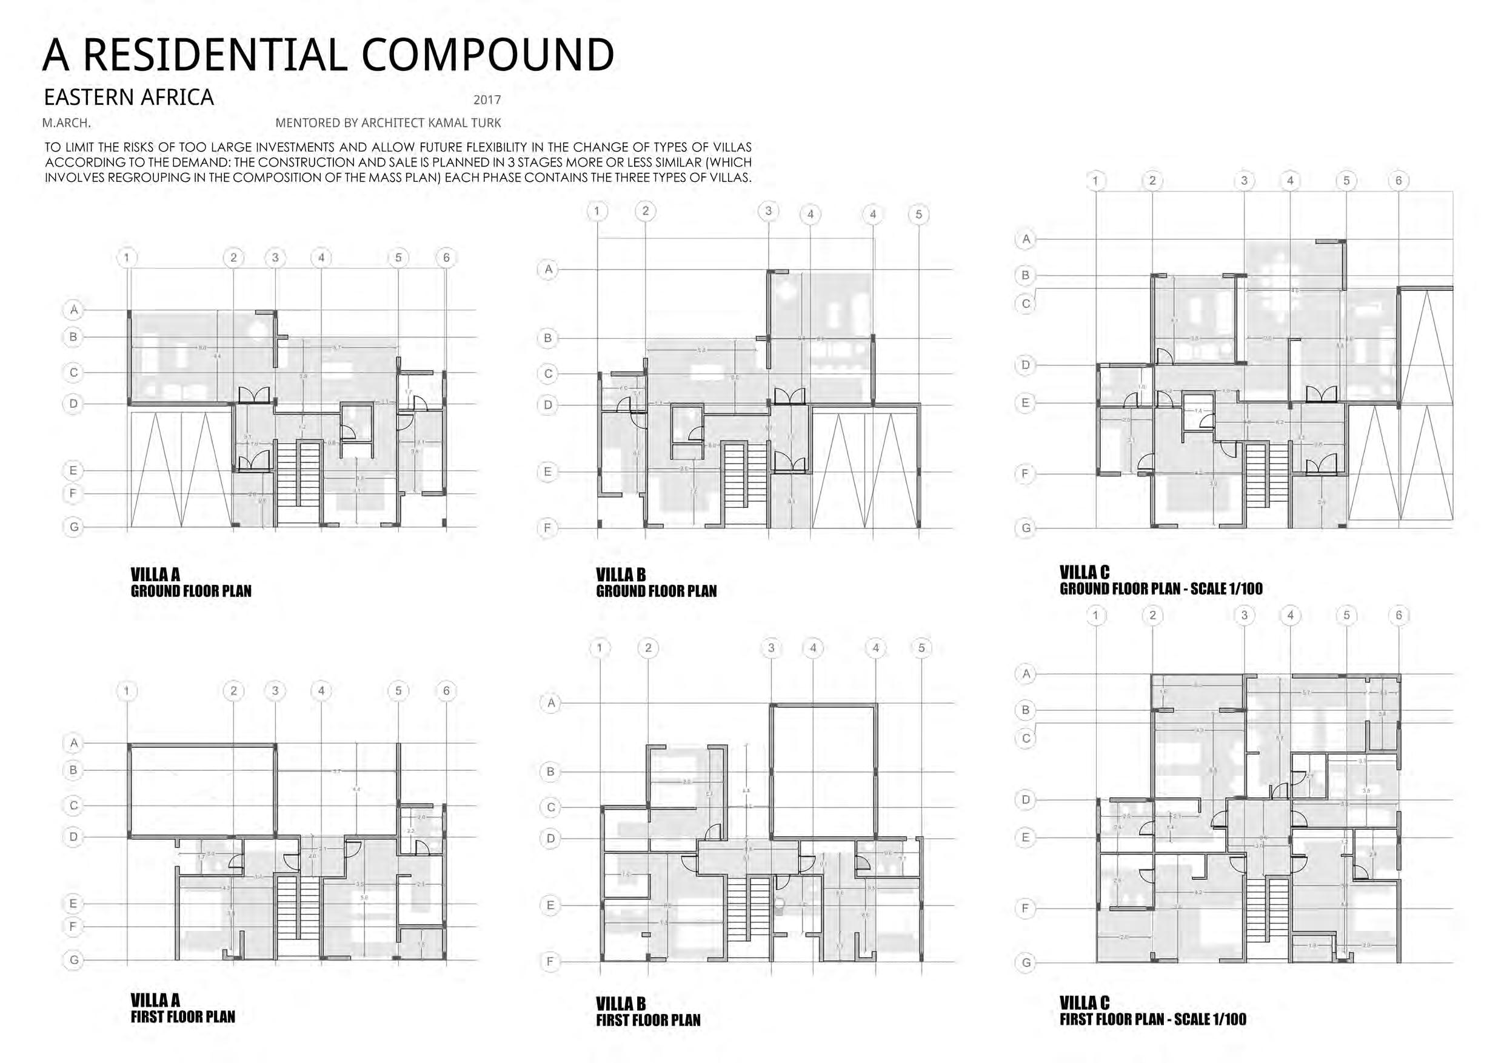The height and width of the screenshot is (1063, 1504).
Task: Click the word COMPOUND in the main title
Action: [x=487, y=55]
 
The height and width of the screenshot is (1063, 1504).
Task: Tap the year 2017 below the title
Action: [x=487, y=100]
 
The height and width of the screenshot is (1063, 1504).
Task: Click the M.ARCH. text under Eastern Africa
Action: [x=66, y=123]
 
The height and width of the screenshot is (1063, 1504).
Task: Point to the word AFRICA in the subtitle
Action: [x=176, y=98]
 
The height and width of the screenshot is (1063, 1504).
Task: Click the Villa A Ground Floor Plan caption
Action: [x=190, y=583]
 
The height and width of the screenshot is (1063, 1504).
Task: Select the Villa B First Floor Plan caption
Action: [x=648, y=1012]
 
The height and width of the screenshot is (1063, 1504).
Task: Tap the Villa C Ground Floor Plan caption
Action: [x=1160, y=581]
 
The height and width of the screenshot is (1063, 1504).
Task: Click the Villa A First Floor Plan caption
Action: [x=182, y=1008]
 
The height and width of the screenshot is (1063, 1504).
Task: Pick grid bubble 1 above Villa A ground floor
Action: [x=127, y=258]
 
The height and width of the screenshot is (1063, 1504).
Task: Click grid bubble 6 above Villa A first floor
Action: [x=446, y=690]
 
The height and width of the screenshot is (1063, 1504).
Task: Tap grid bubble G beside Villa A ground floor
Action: [x=73, y=527]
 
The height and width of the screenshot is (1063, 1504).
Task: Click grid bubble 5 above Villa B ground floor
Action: [x=918, y=214]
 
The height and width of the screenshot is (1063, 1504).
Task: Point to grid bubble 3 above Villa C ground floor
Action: [x=1244, y=181]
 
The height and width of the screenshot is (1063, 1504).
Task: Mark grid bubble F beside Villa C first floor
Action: [x=1025, y=908]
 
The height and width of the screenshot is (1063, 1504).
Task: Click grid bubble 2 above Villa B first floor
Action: [x=648, y=648]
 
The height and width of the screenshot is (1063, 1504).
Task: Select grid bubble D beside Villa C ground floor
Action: [x=1026, y=365]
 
